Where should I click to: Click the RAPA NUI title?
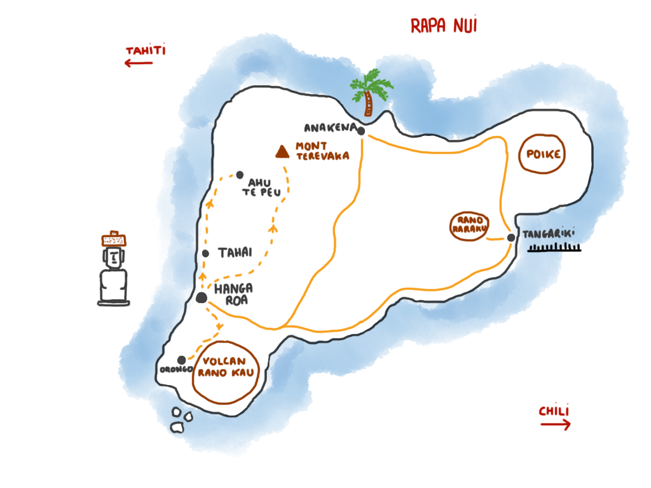pyautogui.click(x=444, y=26)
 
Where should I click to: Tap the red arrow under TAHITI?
pyautogui.click(x=139, y=63)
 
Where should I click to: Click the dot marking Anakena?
pyautogui.click(x=360, y=131)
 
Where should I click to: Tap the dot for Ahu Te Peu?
pyautogui.click(x=240, y=175)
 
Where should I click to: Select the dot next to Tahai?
pyautogui.click(x=205, y=254)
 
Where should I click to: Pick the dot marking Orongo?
pyautogui.click(x=182, y=360)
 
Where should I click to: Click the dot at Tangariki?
pyautogui.click(x=511, y=238)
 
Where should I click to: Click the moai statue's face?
pyautogui.click(x=114, y=257)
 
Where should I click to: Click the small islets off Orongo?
pyautogui.click(x=181, y=420)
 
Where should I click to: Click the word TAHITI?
pyautogui.click(x=146, y=51)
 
